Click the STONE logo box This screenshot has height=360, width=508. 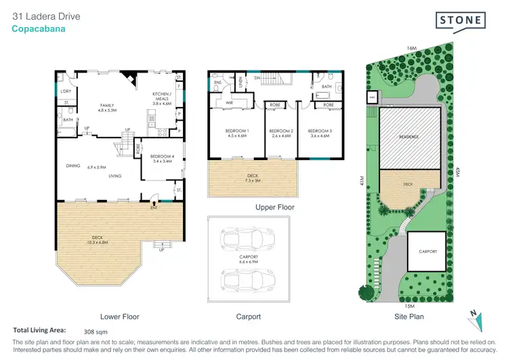point(461,20)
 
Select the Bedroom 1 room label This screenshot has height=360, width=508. point(238,133)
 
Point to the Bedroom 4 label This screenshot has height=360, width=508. point(162,159)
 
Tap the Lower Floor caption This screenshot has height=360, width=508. point(120,316)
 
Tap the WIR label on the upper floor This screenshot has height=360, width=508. point(230,103)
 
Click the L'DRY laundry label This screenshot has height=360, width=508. point(66,91)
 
